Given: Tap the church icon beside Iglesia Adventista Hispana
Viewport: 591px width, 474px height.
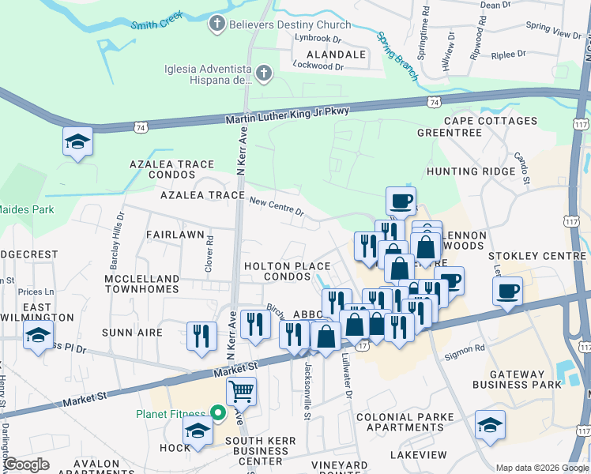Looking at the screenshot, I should pos(264,74).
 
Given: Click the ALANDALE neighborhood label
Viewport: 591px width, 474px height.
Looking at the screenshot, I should pos(330,55).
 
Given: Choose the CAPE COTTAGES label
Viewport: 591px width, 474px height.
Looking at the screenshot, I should pos(490,121).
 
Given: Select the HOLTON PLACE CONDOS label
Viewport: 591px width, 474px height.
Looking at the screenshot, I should pos(287,272).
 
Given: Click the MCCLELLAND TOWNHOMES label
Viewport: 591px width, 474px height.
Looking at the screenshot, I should pos(142,284).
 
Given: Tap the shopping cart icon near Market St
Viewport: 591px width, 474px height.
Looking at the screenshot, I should pos(241,390).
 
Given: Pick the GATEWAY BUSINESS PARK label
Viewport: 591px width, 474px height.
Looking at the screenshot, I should pos(518,379).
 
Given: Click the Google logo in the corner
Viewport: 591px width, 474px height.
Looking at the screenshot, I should pos(25,465).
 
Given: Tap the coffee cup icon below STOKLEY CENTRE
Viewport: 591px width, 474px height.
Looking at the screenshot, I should pos(506,291).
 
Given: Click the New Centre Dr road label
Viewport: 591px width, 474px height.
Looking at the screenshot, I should pos(277,206).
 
